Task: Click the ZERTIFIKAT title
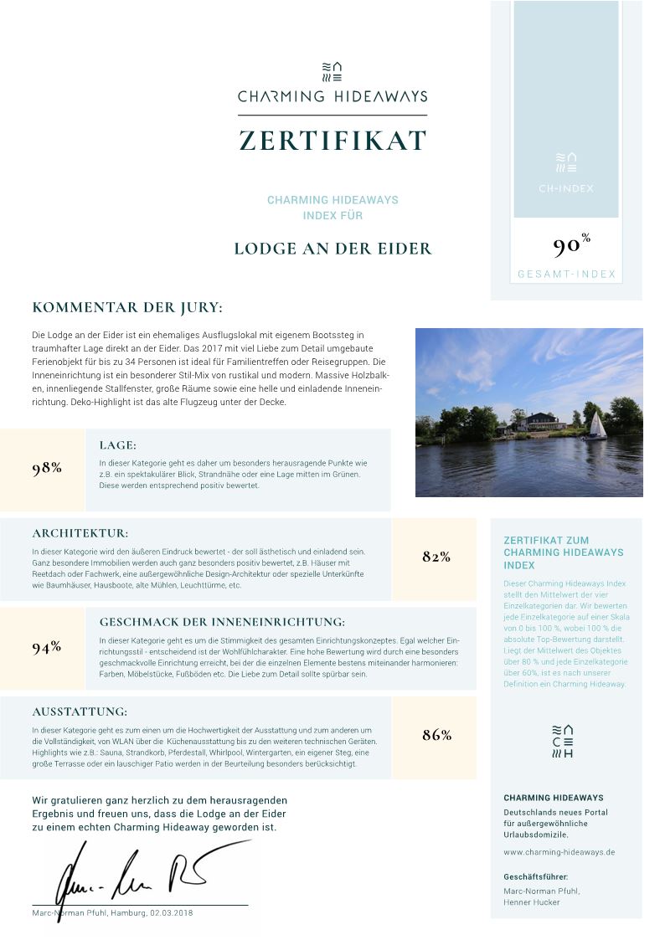(x=332, y=141)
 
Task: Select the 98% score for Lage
(x=47, y=469)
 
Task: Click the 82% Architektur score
(x=436, y=557)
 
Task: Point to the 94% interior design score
(x=47, y=647)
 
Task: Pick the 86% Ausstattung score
(x=436, y=735)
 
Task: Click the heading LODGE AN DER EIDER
(x=332, y=249)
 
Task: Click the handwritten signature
(x=134, y=873)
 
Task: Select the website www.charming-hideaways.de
(x=559, y=852)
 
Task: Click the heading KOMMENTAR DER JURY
(x=127, y=308)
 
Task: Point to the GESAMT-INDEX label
(x=566, y=275)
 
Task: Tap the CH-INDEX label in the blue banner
(x=566, y=188)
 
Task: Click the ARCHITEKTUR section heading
(x=80, y=533)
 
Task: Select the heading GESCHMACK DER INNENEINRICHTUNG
(x=222, y=622)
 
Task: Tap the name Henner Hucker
(x=532, y=902)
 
